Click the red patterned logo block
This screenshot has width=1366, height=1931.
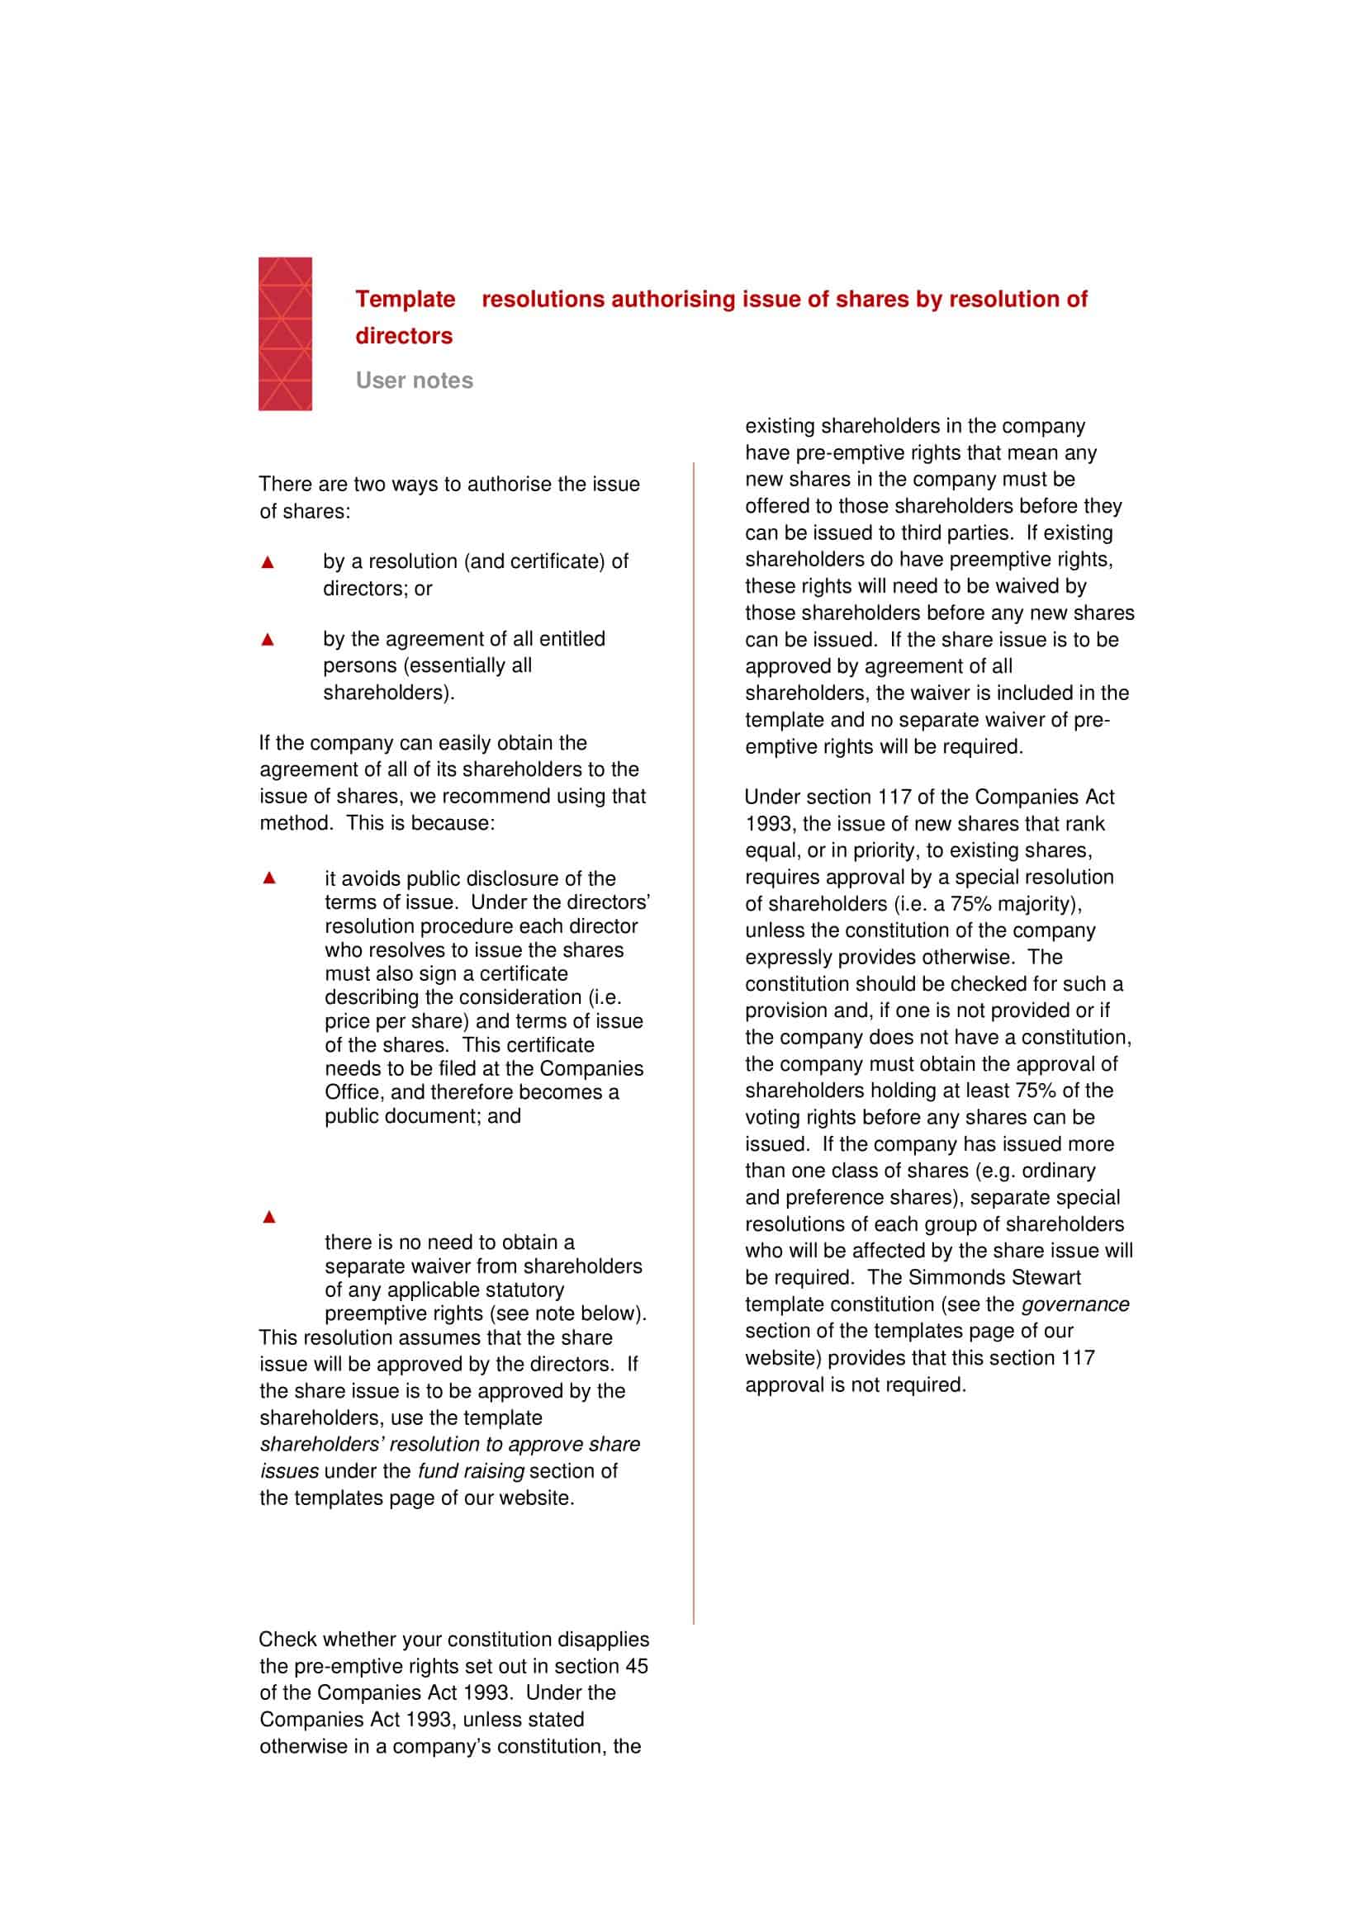pyautogui.click(x=284, y=334)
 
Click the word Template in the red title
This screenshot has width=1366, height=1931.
pyautogui.click(x=405, y=300)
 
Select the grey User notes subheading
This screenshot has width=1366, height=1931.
pyautogui.click(x=414, y=381)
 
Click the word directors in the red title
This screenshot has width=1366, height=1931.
pyautogui.click(x=404, y=336)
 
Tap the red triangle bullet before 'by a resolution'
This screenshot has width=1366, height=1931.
pyautogui.click(x=268, y=563)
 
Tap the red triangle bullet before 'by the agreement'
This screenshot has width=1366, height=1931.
pyautogui.click(x=268, y=640)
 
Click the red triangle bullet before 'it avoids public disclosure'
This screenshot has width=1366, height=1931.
pyautogui.click(x=269, y=878)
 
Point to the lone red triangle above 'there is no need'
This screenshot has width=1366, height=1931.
pyautogui.click(x=269, y=1217)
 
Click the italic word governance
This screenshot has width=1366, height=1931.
pyautogui.click(x=1074, y=1304)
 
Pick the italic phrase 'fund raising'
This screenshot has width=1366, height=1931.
pyautogui.click(x=470, y=1471)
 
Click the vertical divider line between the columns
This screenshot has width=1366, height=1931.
pyautogui.click(x=694, y=1009)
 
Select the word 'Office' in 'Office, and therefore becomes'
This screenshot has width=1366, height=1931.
pyautogui.click(x=353, y=1092)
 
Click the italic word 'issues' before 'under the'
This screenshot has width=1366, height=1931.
pyautogui.click(x=288, y=1471)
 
